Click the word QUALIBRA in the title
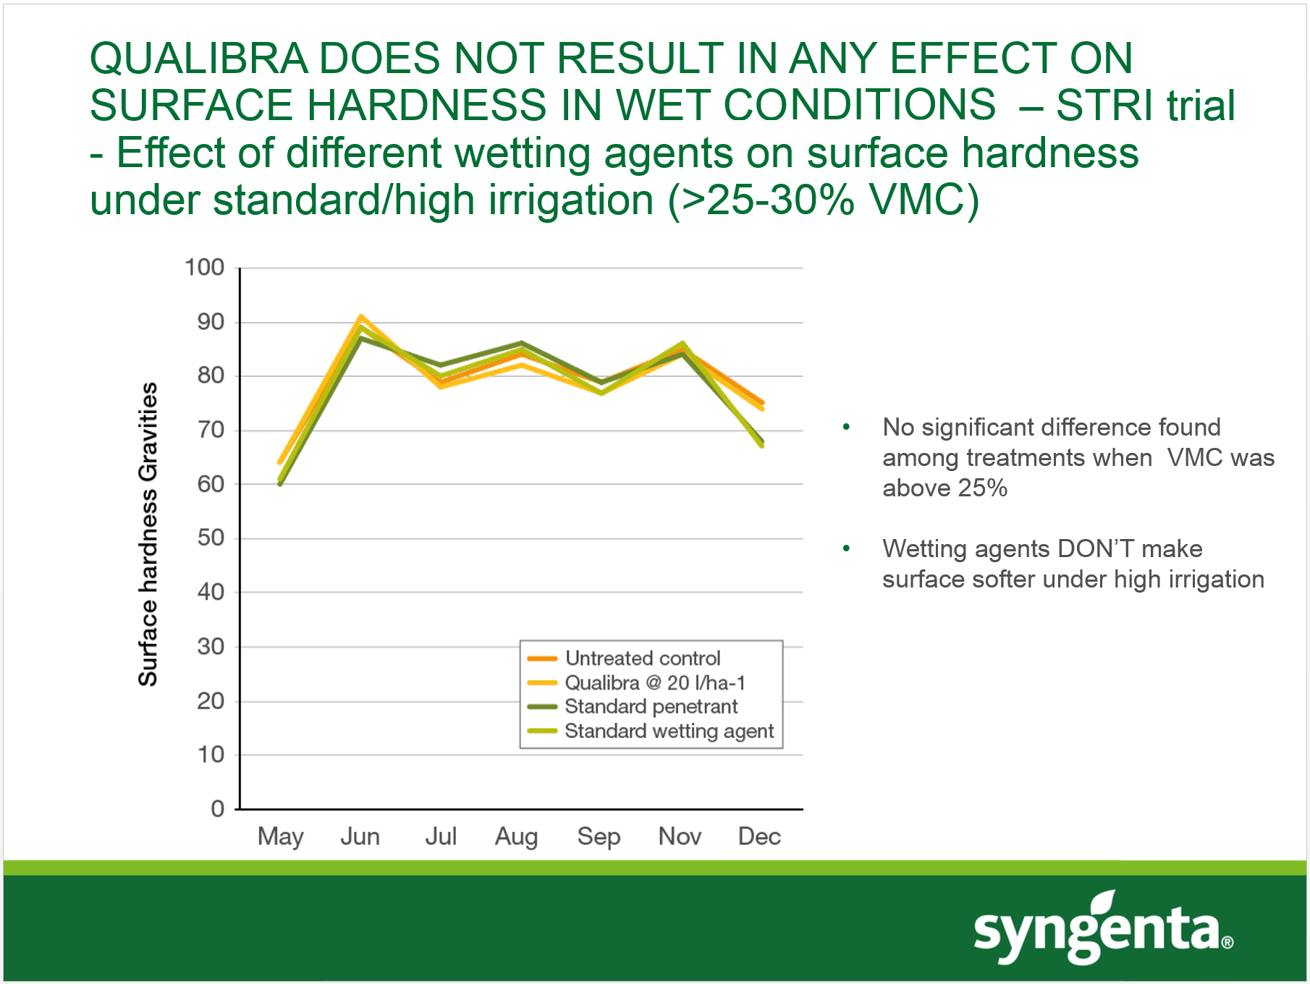pyautogui.click(x=198, y=58)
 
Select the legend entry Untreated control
pyautogui.click(x=642, y=658)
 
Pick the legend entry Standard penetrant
pyautogui.click(x=651, y=707)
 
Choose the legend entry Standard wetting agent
pyautogui.click(x=669, y=731)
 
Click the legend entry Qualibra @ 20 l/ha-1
pyautogui.click(x=654, y=683)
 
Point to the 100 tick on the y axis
pyautogui.click(x=205, y=268)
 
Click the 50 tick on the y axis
pyautogui.click(x=211, y=538)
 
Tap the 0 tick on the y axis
pyautogui.click(x=218, y=809)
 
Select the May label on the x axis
pyautogui.click(x=280, y=837)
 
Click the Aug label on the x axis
pyautogui.click(x=516, y=837)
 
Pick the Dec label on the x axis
pyautogui.click(x=759, y=837)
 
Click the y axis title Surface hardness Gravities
pyautogui.click(x=148, y=534)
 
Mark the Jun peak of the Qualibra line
pyautogui.click(x=360, y=316)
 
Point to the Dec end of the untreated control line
pyautogui.click(x=762, y=402)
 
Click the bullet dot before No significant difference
pyautogui.click(x=846, y=428)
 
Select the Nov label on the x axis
pyautogui.click(x=680, y=837)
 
